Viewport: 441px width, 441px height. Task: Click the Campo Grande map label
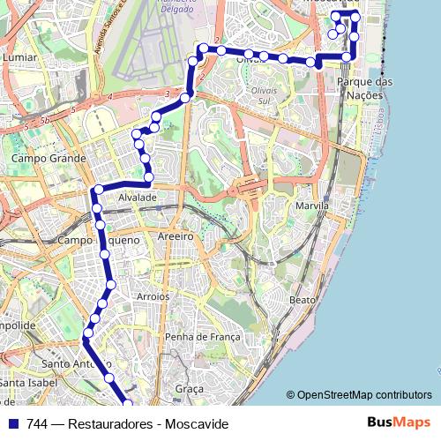(x=49, y=159)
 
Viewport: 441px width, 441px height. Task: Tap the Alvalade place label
(x=138, y=198)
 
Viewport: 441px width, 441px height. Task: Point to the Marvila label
(x=313, y=206)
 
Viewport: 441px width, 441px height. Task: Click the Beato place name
(x=303, y=300)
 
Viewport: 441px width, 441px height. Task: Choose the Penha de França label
(x=202, y=336)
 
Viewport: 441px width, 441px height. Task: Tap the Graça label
(x=190, y=388)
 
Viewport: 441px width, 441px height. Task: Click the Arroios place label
(x=153, y=296)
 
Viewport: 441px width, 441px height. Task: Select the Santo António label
(x=74, y=363)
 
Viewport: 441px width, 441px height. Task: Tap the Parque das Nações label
(x=365, y=88)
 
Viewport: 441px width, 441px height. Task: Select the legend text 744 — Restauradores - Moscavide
(x=128, y=424)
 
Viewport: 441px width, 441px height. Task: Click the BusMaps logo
(x=400, y=423)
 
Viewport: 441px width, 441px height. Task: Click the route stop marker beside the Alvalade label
(x=99, y=190)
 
